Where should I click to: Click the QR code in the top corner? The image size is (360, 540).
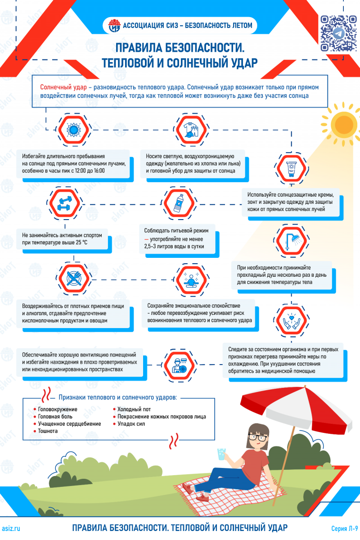[338, 33]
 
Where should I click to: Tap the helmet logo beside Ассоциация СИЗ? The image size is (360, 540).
[114, 25]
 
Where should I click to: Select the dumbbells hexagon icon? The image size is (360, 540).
[65, 203]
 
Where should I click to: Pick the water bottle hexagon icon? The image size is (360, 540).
[179, 203]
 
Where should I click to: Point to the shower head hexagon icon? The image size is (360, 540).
[291, 241]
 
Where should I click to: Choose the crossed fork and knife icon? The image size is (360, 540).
[74, 279]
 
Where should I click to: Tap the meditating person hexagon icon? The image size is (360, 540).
[191, 280]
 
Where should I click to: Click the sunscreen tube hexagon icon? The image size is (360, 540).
[291, 168]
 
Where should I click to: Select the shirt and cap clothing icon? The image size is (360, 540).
[191, 130]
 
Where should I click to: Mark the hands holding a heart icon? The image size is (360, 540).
[291, 321]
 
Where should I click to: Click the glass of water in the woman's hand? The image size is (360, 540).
[221, 454]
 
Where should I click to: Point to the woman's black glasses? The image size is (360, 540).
[258, 437]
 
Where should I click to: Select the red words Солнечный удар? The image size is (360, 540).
[63, 87]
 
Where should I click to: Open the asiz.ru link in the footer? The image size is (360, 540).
[11, 528]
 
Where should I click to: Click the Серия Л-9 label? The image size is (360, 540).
[345, 528]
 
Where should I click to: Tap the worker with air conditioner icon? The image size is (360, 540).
[179, 365]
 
